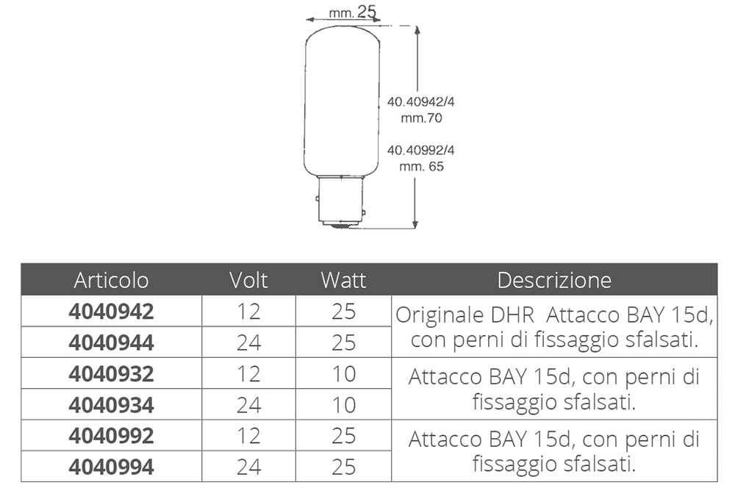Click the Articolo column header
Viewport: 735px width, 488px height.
click(x=111, y=280)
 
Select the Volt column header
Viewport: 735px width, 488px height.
click(x=248, y=280)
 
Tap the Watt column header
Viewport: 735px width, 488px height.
click(x=343, y=280)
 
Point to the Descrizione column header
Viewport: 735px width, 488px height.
click(x=554, y=280)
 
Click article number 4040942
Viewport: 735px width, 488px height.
click(x=111, y=312)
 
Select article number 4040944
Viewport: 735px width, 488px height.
click(x=111, y=342)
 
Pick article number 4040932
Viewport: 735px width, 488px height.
click(x=111, y=373)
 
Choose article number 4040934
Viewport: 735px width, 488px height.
click(x=111, y=405)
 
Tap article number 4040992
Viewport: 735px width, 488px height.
click(x=111, y=436)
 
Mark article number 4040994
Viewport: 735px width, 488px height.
click(x=111, y=467)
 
